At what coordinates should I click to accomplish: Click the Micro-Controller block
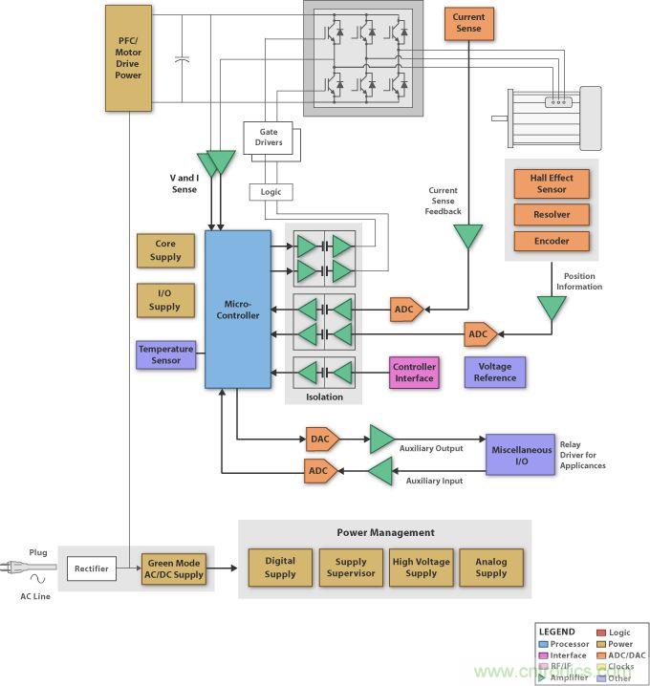(237, 309)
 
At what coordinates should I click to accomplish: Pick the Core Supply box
(164, 250)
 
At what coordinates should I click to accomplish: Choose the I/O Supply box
(164, 300)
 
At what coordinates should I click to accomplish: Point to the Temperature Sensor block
(165, 355)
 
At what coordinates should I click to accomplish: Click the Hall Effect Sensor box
(552, 183)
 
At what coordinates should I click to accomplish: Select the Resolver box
(552, 214)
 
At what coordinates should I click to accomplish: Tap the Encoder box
(552, 242)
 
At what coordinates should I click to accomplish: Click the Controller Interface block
(414, 372)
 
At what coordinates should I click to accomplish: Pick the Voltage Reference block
(495, 372)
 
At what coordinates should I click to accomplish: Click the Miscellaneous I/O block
(520, 456)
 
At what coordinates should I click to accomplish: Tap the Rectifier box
(92, 569)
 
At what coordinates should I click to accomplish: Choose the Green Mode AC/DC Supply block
(173, 569)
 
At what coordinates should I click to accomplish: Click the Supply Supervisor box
(350, 568)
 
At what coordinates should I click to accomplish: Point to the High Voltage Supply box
(421, 568)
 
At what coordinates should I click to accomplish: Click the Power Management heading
(385, 532)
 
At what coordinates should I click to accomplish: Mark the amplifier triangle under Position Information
(551, 308)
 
